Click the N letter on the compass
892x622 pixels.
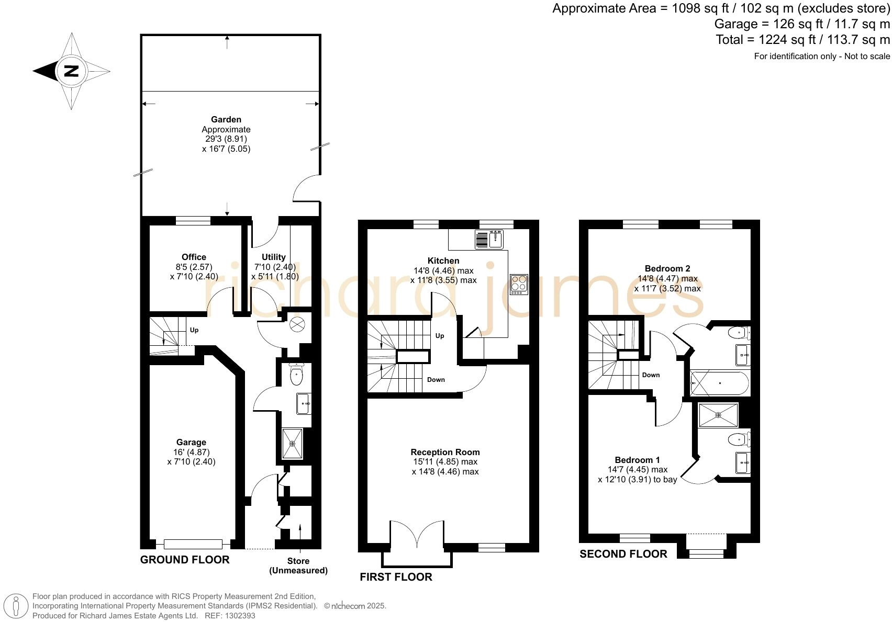(x=71, y=71)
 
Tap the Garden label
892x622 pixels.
(x=226, y=120)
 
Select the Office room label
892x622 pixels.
(x=194, y=257)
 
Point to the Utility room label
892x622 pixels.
(x=274, y=257)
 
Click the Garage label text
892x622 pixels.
(x=191, y=442)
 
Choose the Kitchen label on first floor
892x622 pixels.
(x=443, y=261)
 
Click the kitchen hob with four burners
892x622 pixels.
(x=519, y=284)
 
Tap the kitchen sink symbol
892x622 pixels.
(x=496, y=239)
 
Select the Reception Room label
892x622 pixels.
(x=445, y=452)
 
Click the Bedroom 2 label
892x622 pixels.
(x=667, y=268)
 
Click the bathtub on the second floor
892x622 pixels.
(x=720, y=383)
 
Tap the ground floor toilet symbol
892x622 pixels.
(x=296, y=374)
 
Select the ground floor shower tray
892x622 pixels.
(x=292, y=443)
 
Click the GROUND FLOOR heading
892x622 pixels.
(x=185, y=560)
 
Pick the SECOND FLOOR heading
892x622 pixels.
(x=623, y=554)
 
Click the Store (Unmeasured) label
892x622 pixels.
(x=298, y=566)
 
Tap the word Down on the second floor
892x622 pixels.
(x=651, y=375)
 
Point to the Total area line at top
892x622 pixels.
(x=802, y=40)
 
